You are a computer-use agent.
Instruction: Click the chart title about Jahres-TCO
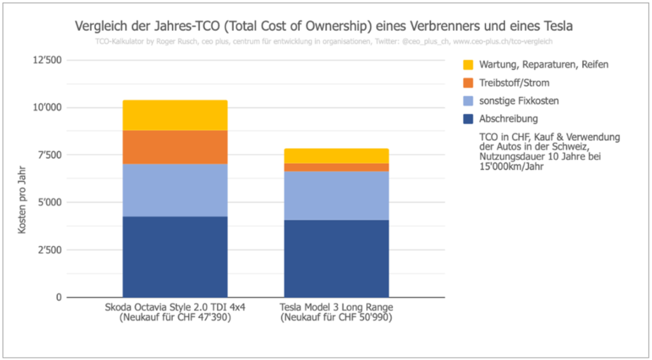coord(325,27)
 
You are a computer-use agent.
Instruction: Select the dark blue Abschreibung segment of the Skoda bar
coord(175,257)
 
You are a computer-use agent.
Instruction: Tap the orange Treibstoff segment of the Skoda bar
coord(175,147)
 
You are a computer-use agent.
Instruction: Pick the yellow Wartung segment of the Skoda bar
coord(175,115)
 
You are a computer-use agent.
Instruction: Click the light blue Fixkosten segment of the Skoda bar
coord(175,190)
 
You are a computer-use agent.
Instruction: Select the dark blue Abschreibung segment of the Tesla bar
coord(336,259)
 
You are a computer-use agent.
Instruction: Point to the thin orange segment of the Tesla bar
coord(336,167)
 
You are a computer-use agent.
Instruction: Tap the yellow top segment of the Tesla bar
coord(336,155)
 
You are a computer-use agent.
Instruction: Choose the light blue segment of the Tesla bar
coord(336,196)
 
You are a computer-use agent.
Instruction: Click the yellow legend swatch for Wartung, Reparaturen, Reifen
coord(469,65)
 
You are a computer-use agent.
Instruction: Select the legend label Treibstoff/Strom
coord(515,83)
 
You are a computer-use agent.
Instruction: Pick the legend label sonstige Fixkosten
coord(518,101)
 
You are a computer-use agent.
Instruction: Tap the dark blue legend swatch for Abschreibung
coord(469,119)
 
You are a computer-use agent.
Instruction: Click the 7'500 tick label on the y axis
coord(50,155)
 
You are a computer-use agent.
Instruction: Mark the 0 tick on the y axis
coord(60,298)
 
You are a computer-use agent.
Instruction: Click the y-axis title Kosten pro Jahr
coord(22,201)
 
